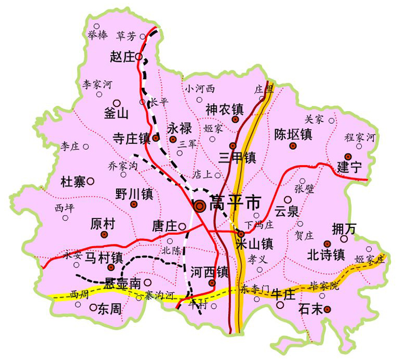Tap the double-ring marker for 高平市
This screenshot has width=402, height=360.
tap(200, 207)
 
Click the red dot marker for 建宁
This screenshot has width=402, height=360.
tap(348, 157)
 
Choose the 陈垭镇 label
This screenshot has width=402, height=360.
tap(293, 134)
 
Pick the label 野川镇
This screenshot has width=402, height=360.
tap(134, 195)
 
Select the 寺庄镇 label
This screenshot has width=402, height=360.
tap(132, 139)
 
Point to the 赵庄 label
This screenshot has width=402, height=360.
tap(123, 57)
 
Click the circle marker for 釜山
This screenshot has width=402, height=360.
tap(117, 103)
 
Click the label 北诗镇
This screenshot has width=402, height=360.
tap(325, 255)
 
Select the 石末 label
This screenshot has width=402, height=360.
tap(311, 309)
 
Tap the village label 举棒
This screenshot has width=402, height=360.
tap(98, 35)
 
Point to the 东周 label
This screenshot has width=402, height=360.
tap(110, 308)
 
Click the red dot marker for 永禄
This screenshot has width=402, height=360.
tap(173, 139)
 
